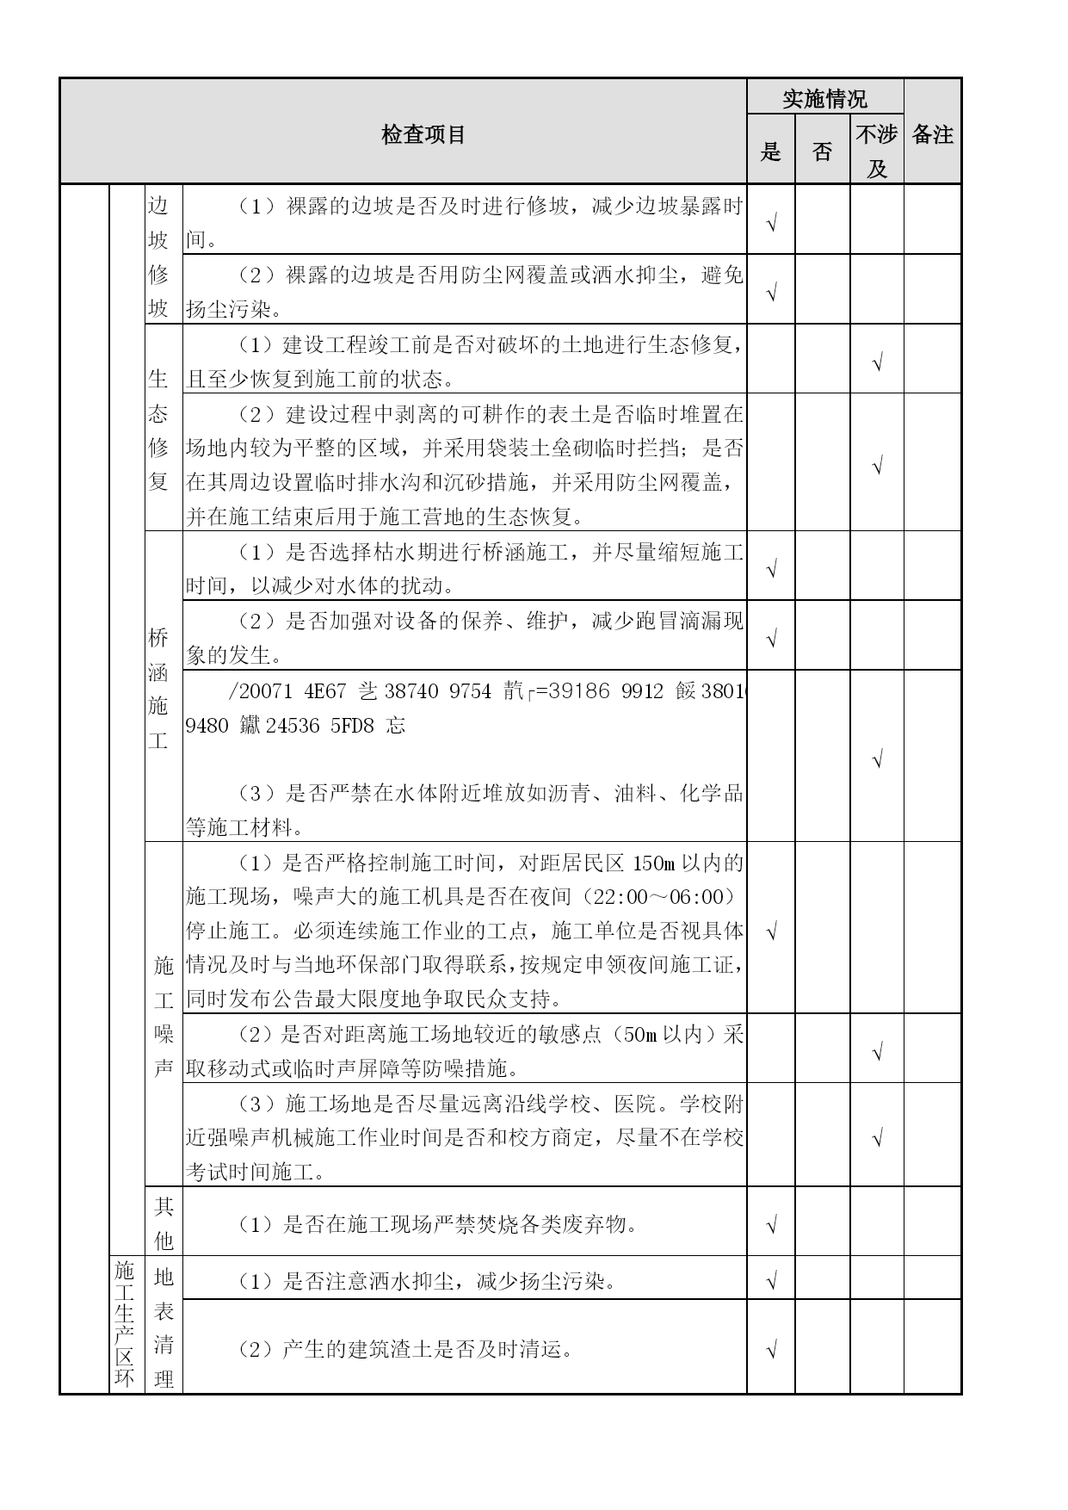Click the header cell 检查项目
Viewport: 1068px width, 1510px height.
click(x=423, y=135)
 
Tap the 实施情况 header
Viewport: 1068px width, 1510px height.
click(x=824, y=99)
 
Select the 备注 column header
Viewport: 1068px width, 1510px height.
click(x=932, y=135)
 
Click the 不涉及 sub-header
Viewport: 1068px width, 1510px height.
click(x=876, y=151)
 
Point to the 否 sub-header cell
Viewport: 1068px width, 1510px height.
click(x=822, y=152)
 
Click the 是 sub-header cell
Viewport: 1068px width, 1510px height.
click(x=770, y=152)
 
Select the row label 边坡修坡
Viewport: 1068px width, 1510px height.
click(x=158, y=257)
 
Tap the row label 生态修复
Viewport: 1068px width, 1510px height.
click(x=158, y=430)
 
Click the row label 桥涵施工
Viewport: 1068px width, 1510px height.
click(x=158, y=689)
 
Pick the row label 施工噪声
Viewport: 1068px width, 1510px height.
click(x=164, y=1016)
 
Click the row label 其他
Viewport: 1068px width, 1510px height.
click(x=164, y=1222)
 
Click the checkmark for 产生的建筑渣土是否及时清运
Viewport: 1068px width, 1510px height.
click(x=771, y=1350)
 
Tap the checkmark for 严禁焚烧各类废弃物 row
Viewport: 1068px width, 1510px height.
click(x=771, y=1224)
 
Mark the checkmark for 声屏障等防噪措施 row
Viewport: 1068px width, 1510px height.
click(x=877, y=1052)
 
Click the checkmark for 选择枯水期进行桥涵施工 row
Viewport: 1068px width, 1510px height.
click(x=771, y=569)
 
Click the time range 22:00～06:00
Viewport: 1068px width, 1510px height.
click(x=658, y=897)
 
